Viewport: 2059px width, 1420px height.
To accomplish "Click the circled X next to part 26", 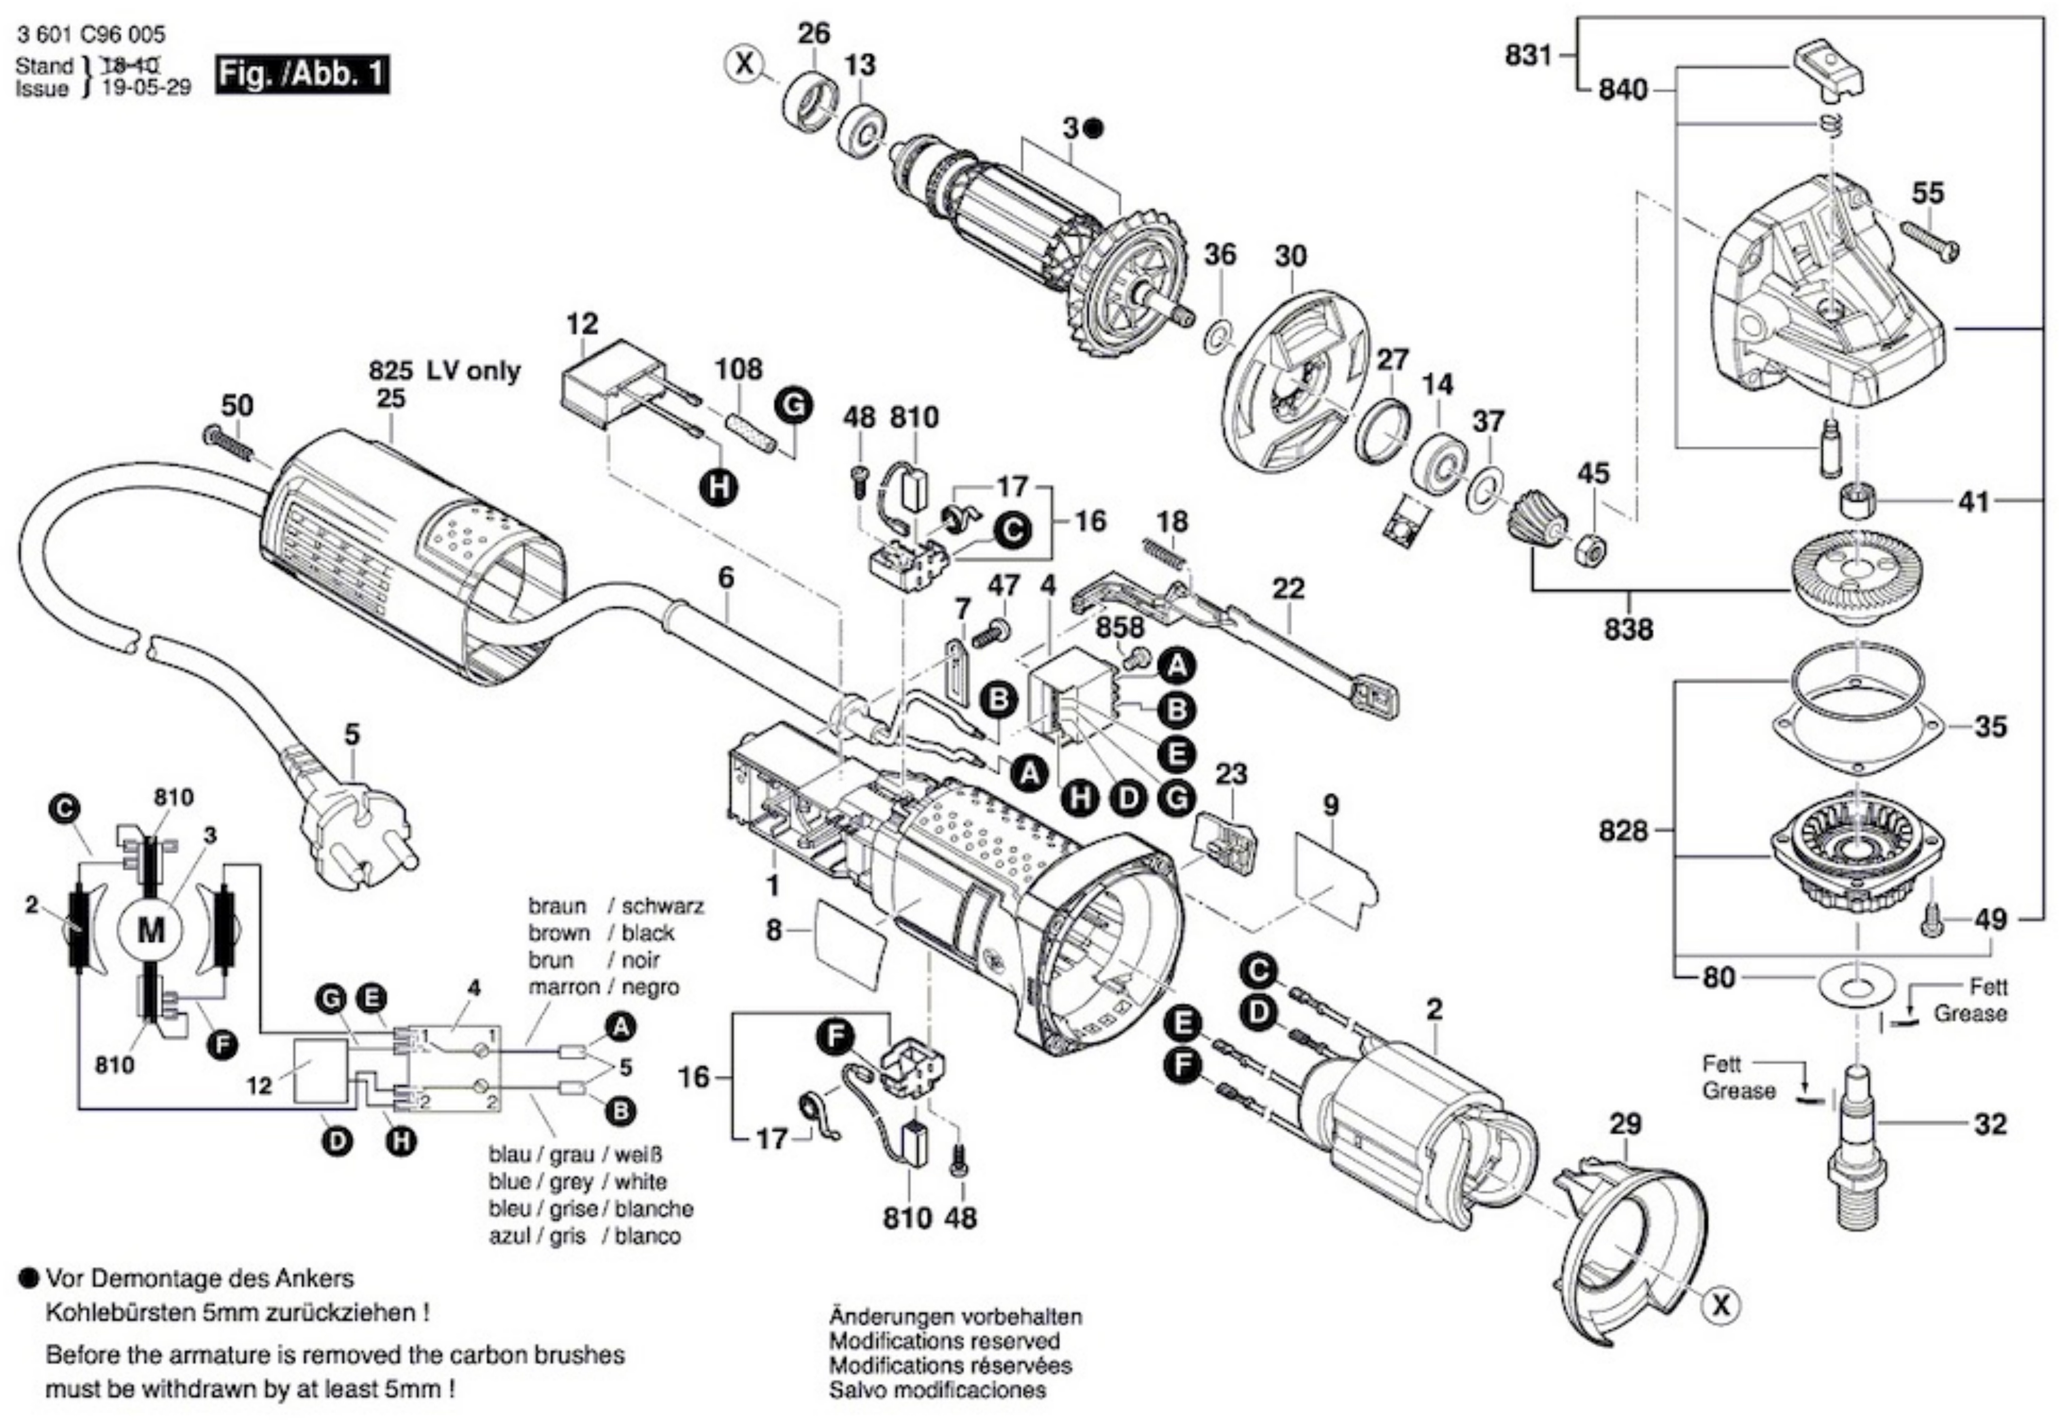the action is tap(747, 63).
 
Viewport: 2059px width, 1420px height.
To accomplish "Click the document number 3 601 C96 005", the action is tap(90, 35).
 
